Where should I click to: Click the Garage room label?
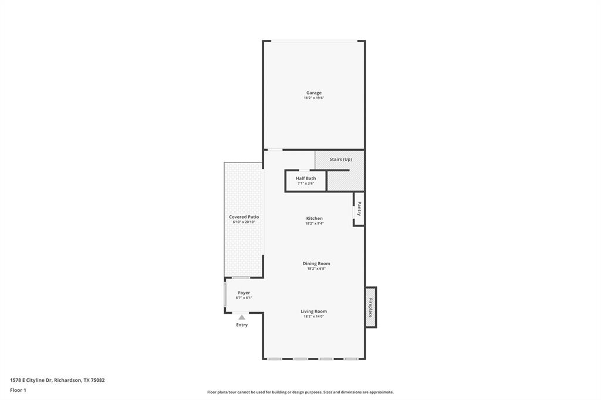click(x=313, y=93)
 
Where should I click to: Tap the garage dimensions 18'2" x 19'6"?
click(x=313, y=98)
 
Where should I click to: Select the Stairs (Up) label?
click(x=340, y=160)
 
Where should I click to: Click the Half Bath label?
click(x=306, y=178)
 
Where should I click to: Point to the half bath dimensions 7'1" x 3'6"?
click(x=306, y=184)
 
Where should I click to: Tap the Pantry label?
click(x=359, y=209)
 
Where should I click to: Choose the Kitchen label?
click(x=314, y=218)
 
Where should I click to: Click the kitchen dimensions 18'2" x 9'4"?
click(x=314, y=223)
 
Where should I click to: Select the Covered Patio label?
click(x=244, y=217)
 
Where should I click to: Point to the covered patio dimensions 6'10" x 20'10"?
click(x=244, y=222)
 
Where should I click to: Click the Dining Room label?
click(x=316, y=263)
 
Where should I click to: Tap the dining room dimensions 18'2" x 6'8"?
click(x=316, y=269)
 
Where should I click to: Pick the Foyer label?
click(x=244, y=293)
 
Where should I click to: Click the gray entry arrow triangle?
click(x=242, y=317)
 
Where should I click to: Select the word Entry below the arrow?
click(x=242, y=325)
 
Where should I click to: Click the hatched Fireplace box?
click(x=370, y=307)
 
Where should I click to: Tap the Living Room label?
click(x=314, y=311)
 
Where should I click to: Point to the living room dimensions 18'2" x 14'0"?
click(x=314, y=317)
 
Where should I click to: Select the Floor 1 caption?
click(x=18, y=389)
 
